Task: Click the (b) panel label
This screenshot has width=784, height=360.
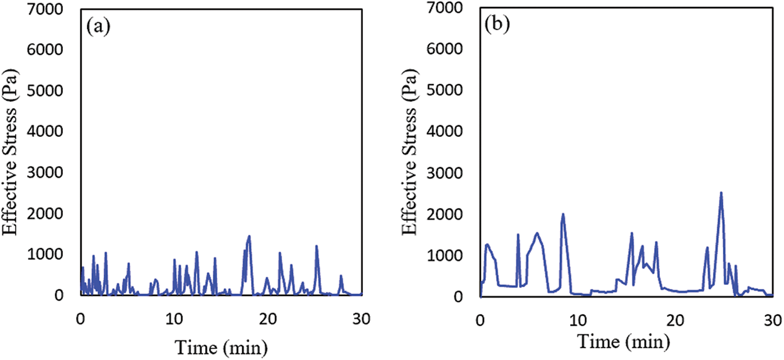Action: click(x=496, y=27)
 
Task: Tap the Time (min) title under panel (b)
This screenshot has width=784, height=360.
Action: click(x=624, y=340)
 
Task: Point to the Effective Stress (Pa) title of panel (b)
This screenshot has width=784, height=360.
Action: click(x=411, y=153)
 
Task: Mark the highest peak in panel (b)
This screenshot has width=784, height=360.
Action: click(x=721, y=193)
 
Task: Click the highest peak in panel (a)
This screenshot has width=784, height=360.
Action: click(x=249, y=236)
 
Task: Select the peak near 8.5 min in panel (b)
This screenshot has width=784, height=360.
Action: click(x=563, y=214)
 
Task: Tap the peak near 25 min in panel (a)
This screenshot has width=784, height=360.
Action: click(x=317, y=246)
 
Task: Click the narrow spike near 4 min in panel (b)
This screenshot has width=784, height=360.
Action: click(x=518, y=235)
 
